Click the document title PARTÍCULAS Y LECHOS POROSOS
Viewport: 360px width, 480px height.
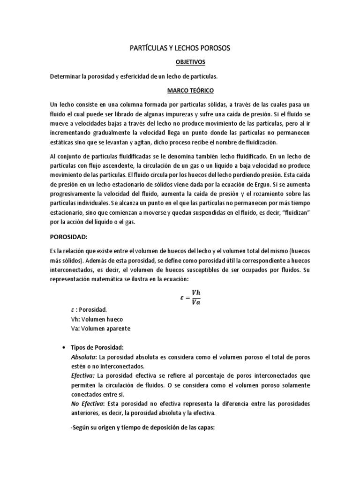click(180, 48)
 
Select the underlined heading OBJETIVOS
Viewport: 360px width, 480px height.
click(180, 62)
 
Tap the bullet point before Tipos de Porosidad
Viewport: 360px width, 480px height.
click(63, 347)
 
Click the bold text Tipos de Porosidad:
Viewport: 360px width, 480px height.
click(97, 347)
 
